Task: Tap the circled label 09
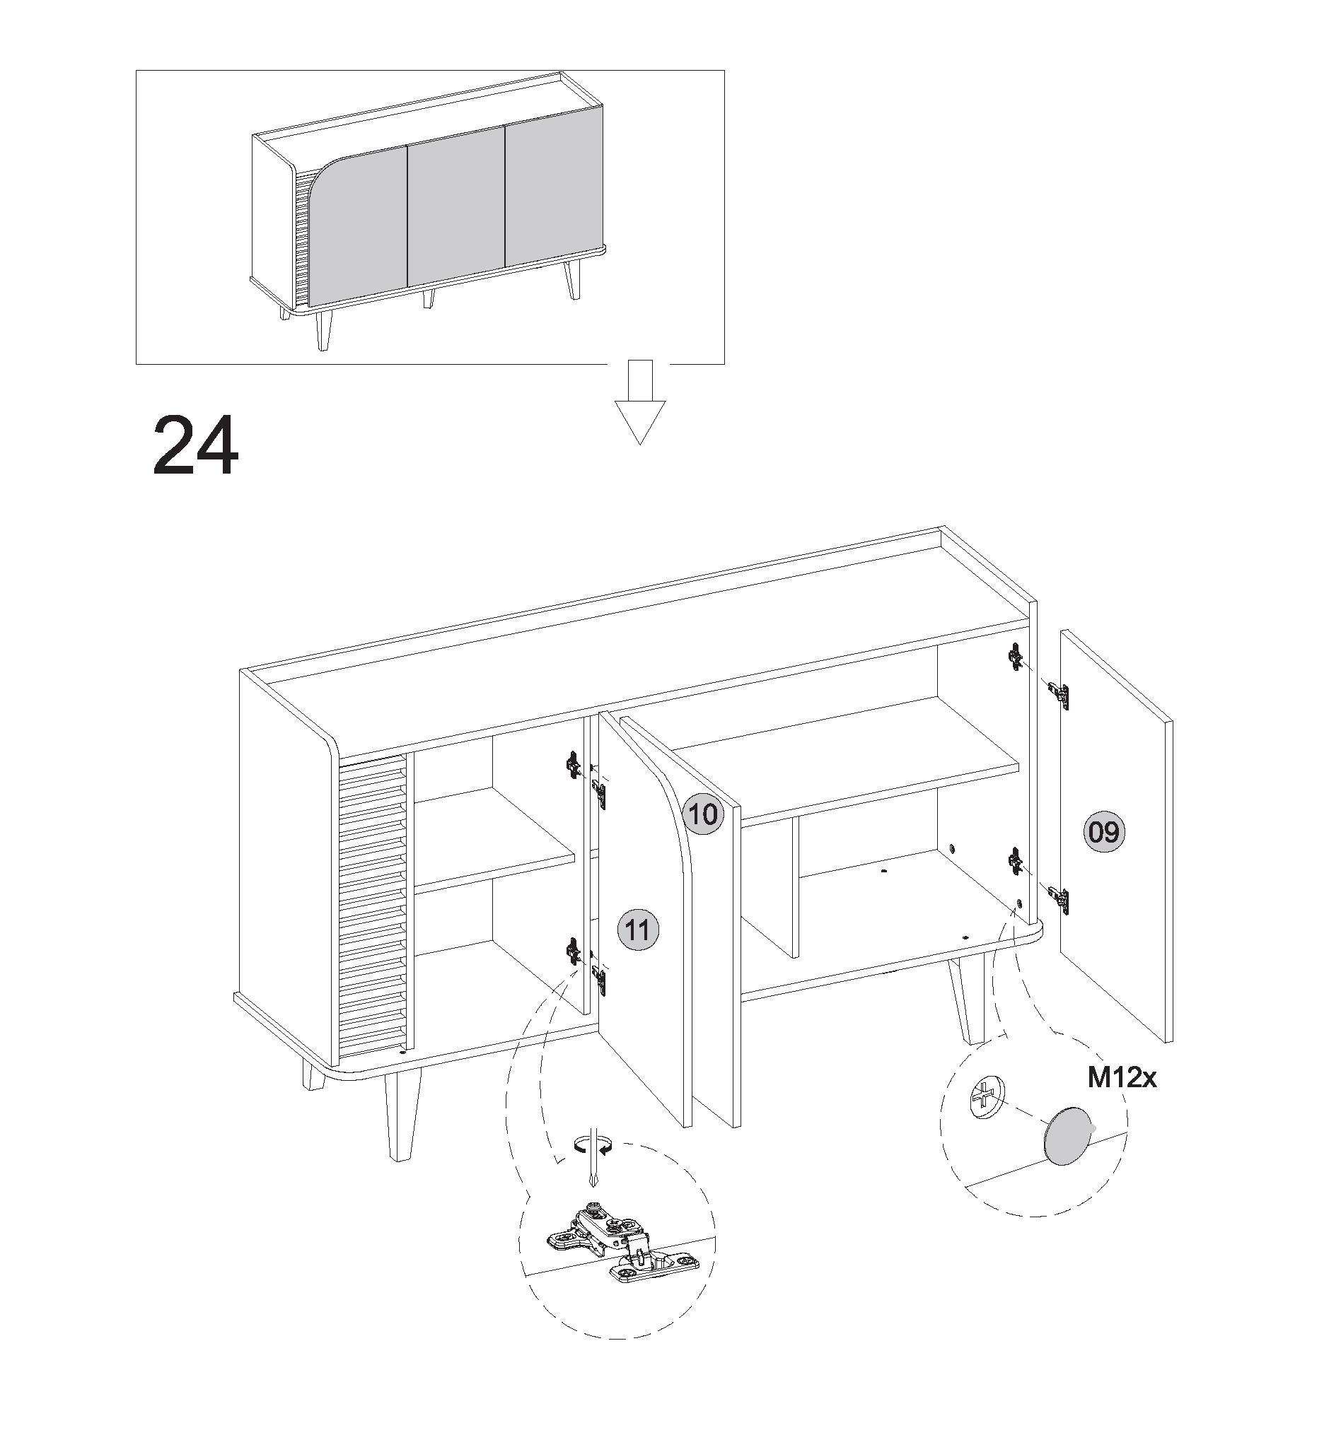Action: (1104, 831)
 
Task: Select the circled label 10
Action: (702, 814)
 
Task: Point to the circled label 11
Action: (638, 930)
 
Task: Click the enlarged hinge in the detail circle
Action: (622, 1246)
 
